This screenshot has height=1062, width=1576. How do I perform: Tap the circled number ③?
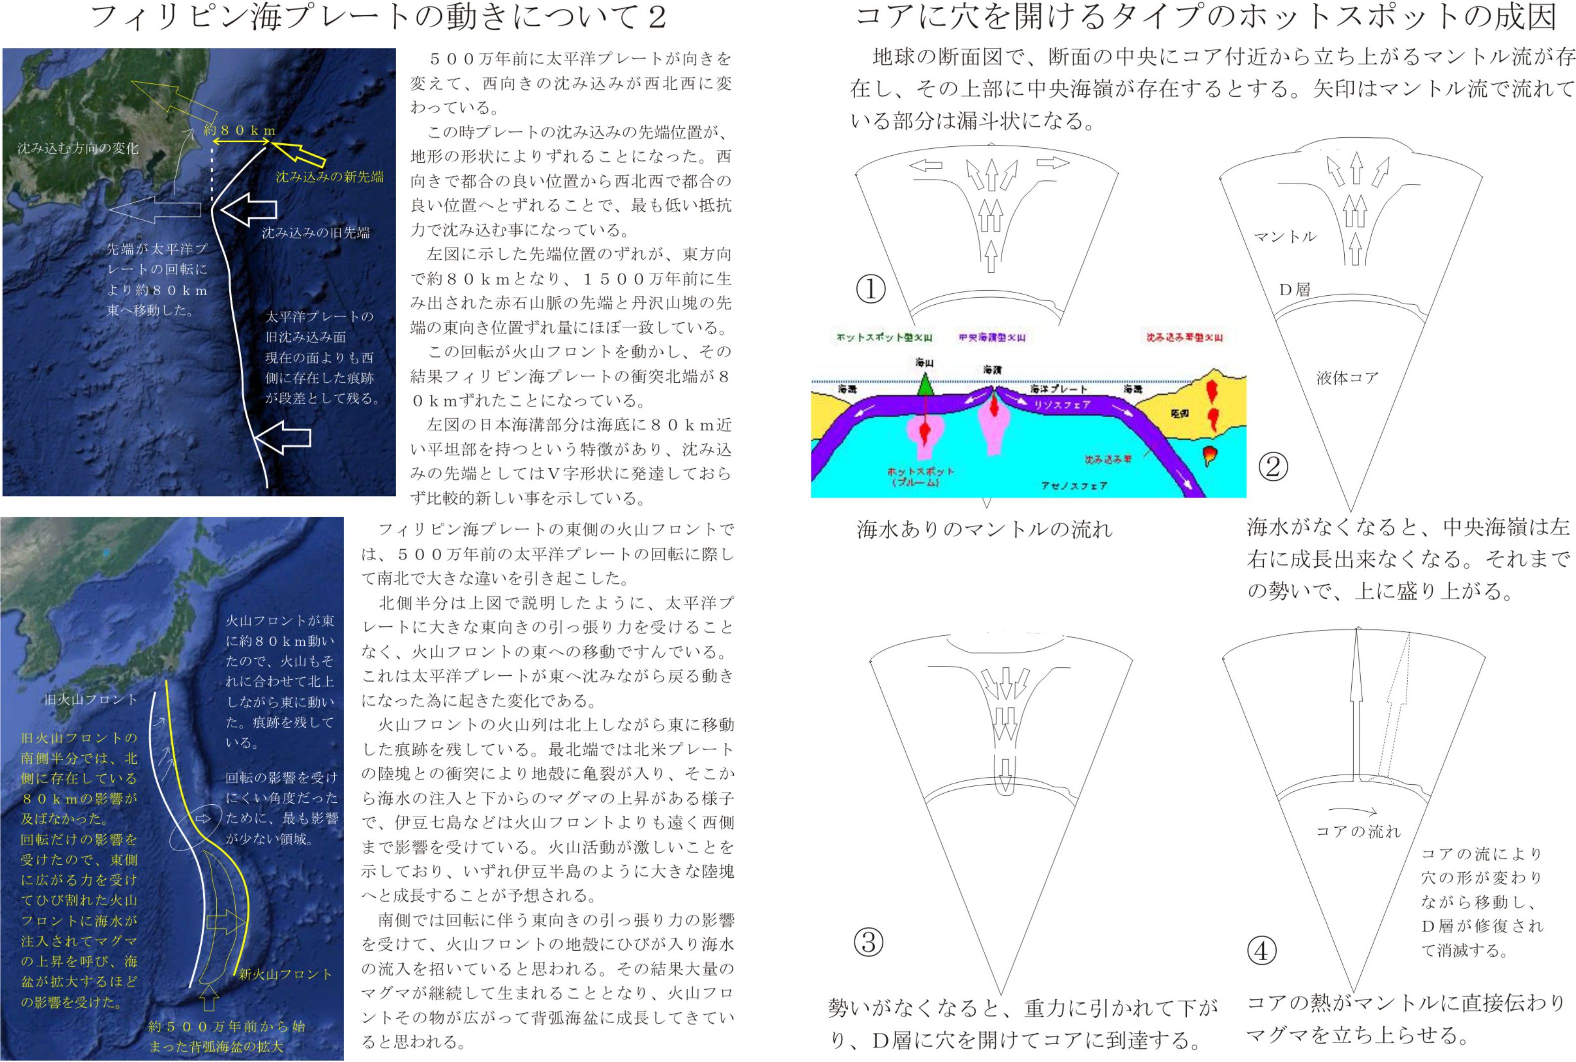click(x=869, y=942)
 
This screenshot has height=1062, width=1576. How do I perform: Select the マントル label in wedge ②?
click(x=1285, y=236)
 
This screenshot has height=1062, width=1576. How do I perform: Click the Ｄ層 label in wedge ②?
click(x=1294, y=290)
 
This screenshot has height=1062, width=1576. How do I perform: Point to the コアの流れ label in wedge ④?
click(x=1358, y=831)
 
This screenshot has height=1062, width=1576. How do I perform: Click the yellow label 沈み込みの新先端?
click(x=329, y=177)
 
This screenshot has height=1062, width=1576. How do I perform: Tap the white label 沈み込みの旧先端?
click(x=316, y=233)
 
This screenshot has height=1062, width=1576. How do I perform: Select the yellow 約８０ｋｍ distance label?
click(x=240, y=130)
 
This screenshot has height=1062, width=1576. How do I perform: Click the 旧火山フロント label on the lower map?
click(x=91, y=699)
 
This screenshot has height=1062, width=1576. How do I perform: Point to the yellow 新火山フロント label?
click(x=285, y=974)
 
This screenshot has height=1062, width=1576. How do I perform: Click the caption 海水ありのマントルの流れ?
click(x=984, y=529)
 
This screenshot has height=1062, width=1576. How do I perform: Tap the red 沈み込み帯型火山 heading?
click(x=1184, y=337)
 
